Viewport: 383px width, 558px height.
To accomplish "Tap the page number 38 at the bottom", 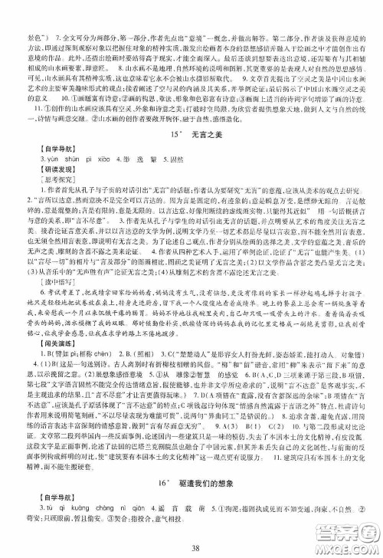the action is click(191, 547).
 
